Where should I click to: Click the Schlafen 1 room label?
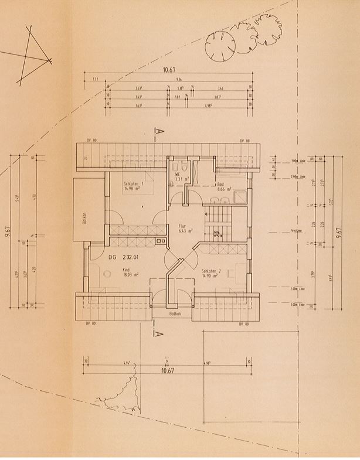(134, 184)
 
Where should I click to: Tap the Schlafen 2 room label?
(210, 271)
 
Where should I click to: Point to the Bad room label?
(220, 184)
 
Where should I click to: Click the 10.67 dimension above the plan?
(169, 70)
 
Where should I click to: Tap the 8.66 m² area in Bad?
(224, 189)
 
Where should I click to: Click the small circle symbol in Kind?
(107, 274)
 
